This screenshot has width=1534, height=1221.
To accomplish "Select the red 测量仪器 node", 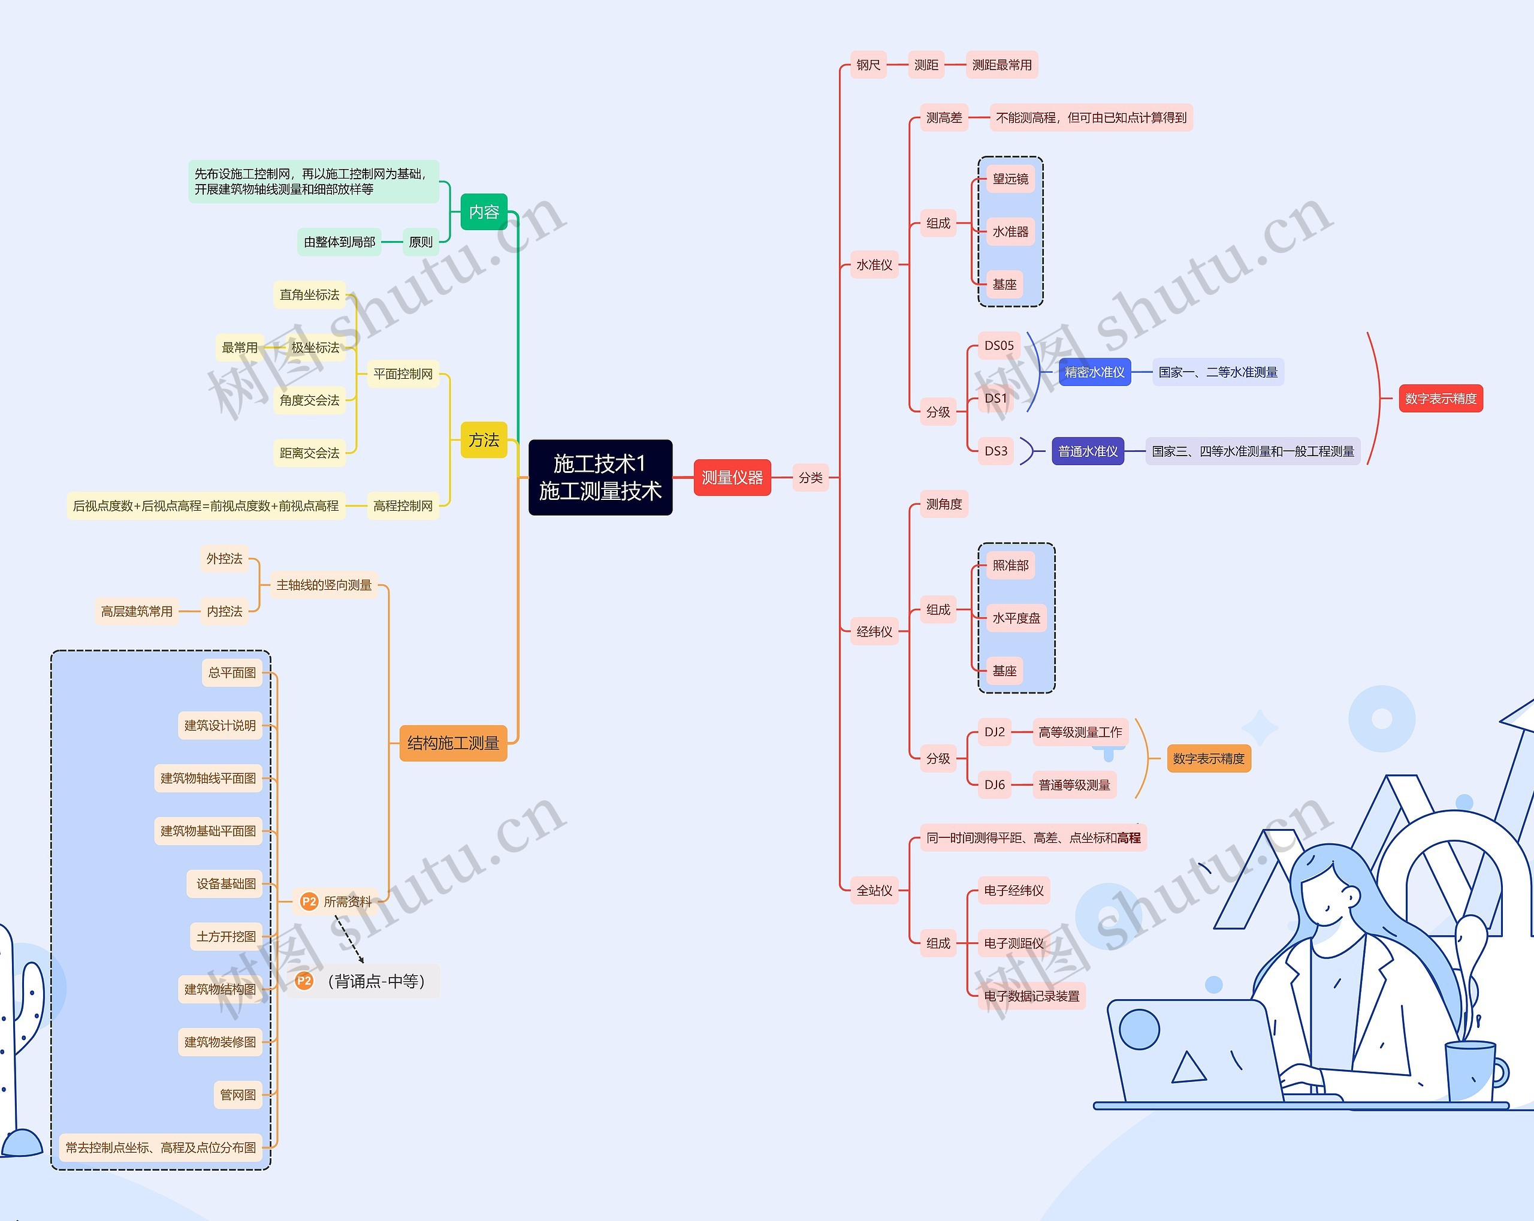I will click(732, 478).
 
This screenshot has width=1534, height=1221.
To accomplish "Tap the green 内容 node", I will click(484, 212).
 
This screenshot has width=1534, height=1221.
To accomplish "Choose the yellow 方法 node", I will click(484, 440).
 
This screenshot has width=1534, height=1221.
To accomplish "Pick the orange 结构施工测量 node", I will click(452, 743).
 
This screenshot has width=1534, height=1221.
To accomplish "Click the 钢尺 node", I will click(868, 65).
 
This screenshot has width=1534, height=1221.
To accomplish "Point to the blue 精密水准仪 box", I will click(1094, 372).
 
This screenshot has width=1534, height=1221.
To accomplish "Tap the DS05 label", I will click(998, 346).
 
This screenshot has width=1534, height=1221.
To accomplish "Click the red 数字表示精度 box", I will click(1440, 399).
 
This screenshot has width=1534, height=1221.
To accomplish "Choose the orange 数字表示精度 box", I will click(1208, 758).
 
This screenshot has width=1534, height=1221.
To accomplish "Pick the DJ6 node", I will click(994, 785).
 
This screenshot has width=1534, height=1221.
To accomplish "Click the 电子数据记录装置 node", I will click(1031, 996).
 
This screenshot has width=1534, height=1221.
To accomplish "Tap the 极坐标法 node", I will click(315, 347).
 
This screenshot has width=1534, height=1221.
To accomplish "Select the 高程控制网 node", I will click(403, 506).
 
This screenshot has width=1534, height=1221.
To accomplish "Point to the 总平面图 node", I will click(232, 673).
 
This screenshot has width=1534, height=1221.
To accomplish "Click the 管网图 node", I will click(238, 1095).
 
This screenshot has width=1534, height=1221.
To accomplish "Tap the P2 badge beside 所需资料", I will click(309, 902).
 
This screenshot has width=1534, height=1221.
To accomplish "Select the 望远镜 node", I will click(1010, 179).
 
